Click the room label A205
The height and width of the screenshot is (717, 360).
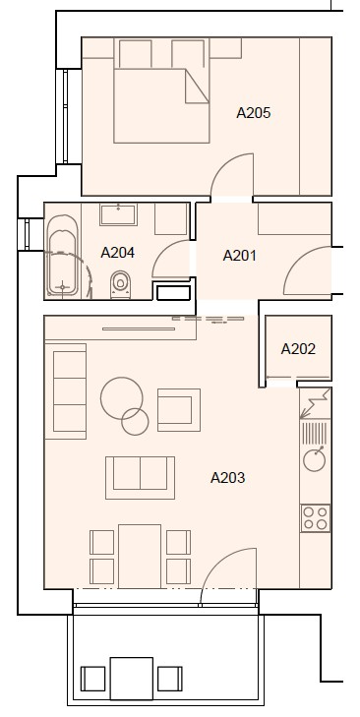[x=254, y=112]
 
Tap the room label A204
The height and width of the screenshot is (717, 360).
[x=118, y=253]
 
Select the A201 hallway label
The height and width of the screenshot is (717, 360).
[x=239, y=256]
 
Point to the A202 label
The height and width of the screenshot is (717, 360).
[x=298, y=349]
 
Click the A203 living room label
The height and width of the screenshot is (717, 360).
[x=228, y=478]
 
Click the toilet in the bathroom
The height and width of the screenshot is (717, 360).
[x=120, y=284]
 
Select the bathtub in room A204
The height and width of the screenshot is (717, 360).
[x=63, y=257]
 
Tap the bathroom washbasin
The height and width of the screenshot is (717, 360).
[x=118, y=214]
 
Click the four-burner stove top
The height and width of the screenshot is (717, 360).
[x=316, y=518]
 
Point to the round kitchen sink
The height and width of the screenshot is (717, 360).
[x=314, y=459]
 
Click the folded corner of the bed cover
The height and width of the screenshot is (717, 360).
[x=197, y=86]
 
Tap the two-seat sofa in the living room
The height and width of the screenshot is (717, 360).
[x=140, y=478]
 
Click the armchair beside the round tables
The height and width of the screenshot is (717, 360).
[x=179, y=410]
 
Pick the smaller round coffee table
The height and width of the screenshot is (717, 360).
[x=135, y=421]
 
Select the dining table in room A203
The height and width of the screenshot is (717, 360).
[x=140, y=556]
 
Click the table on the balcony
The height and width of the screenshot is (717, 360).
[x=132, y=679]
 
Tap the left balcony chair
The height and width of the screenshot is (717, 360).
[x=92, y=679]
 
